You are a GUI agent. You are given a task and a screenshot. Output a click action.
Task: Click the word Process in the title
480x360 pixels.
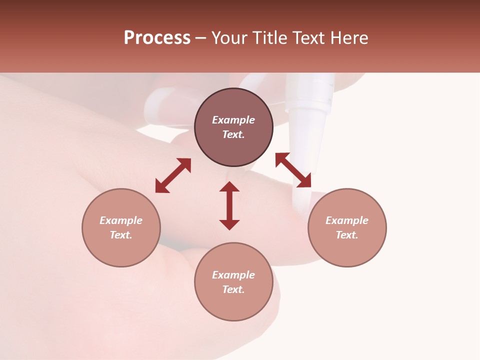tap(157, 38)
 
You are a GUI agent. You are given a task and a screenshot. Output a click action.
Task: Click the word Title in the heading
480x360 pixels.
tap(268, 38)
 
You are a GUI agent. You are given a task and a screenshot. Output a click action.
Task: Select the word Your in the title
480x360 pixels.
tap(229, 38)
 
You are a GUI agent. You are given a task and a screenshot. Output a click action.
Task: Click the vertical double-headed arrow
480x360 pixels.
tap(229, 205)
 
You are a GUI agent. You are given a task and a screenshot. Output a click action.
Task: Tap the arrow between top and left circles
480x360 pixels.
tap(173, 175)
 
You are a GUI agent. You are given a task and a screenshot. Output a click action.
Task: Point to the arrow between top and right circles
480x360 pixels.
tap(293, 170)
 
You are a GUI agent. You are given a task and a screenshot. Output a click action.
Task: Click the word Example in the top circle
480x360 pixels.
tap(233, 120)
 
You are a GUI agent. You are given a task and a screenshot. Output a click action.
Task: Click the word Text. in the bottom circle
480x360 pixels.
tap(233, 289)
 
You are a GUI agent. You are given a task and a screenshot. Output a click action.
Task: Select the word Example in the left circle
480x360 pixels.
tap(121, 220)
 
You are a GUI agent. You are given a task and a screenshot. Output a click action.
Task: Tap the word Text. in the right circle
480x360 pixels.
tap(347, 235)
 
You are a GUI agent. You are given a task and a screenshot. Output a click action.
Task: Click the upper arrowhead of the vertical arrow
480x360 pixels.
tap(229, 187)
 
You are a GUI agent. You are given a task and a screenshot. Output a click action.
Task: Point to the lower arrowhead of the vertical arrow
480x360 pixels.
tap(229, 224)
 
